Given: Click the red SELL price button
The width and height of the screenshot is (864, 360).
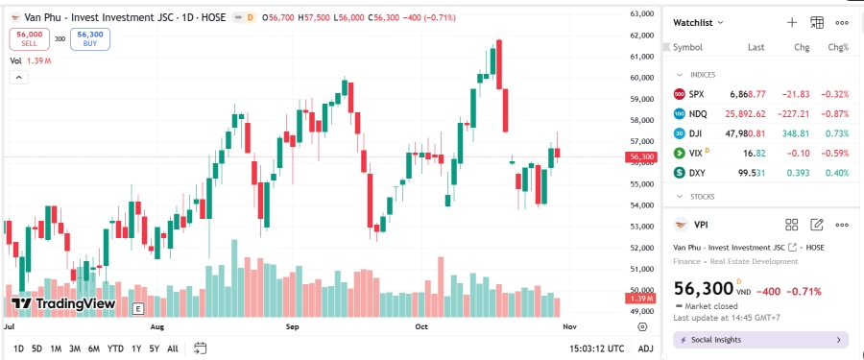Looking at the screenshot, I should click(29, 38).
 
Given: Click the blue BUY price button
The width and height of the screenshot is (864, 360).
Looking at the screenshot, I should click(90, 38).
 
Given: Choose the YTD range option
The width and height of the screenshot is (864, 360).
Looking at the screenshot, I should click(115, 348).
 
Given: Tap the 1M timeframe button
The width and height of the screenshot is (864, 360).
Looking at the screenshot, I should click(56, 348).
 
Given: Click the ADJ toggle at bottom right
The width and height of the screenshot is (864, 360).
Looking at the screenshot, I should click(645, 348).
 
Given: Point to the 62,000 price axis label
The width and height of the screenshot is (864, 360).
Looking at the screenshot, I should click(640, 36).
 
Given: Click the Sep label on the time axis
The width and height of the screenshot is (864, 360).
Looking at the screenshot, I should click(294, 326).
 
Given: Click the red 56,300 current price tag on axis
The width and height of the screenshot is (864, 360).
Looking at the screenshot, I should click(640, 156).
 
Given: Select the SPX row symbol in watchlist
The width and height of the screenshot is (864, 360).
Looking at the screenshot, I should click(696, 94).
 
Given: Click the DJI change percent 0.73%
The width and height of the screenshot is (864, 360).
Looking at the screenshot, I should click(838, 133).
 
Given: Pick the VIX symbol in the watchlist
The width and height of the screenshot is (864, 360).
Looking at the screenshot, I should click(696, 153).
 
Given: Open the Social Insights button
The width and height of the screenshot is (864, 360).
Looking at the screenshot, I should click(759, 340).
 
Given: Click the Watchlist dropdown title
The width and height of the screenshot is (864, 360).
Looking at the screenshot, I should click(698, 22).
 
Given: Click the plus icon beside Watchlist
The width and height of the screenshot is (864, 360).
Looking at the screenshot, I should click(792, 22).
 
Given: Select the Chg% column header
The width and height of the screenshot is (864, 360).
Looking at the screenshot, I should click(838, 47).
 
